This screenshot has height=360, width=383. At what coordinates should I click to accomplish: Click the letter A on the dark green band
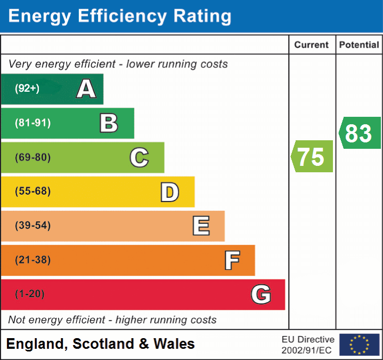click(86, 89)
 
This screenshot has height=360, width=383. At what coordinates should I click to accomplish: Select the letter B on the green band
click(109, 123)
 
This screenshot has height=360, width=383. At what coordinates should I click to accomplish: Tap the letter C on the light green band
click(139, 157)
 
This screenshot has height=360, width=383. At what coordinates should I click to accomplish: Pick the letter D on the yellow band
click(169, 192)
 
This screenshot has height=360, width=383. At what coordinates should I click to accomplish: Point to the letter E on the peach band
click(200, 226)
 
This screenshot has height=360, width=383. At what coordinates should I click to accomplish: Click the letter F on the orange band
click(231, 260)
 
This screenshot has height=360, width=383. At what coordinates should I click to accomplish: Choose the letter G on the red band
click(261, 294)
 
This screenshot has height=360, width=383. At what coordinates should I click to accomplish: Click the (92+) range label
click(27, 89)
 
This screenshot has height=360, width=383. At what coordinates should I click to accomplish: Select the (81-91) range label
click(32, 123)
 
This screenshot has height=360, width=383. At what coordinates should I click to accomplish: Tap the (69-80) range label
click(32, 157)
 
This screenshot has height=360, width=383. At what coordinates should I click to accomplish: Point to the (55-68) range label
click(32, 191)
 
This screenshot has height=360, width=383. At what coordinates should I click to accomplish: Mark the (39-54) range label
click(32, 226)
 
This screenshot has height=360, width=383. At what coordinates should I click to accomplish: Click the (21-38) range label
click(32, 260)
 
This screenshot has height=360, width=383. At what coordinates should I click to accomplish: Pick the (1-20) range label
click(29, 294)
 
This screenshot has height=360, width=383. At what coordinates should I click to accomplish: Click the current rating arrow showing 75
click(312, 157)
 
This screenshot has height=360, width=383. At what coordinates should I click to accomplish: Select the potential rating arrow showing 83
click(360, 133)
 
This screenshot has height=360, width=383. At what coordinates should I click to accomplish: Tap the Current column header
click(312, 45)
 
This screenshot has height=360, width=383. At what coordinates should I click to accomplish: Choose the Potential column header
click(359, 45)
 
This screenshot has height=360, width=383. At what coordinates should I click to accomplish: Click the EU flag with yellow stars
click(359, 345)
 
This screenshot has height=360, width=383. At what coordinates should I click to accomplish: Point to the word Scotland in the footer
click(102, 344)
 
